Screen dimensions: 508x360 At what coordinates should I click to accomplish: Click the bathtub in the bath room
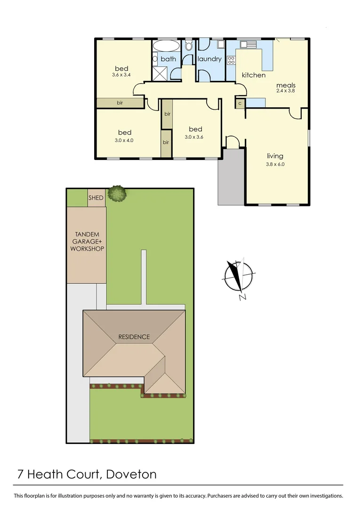[166, 47]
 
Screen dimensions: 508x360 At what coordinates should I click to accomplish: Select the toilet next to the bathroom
[188, 46]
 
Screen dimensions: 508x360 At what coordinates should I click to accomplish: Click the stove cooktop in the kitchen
[231, 60]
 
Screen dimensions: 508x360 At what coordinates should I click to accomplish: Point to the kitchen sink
[248, 45]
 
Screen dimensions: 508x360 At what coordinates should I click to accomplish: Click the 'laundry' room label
[209, 59]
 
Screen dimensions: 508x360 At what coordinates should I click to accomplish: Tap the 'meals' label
[286, 85]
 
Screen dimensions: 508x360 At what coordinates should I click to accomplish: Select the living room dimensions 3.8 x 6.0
[275, 165]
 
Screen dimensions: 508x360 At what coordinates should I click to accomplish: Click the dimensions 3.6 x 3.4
[121, 75]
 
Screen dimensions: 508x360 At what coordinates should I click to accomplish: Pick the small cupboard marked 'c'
[240, 103]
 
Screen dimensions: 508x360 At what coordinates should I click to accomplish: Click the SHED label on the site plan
[96, 198]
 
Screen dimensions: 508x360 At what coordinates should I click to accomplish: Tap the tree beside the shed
[117, 193]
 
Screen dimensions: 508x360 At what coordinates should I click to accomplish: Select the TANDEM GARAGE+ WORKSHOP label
[87, 241]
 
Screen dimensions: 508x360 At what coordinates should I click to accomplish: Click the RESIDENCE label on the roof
[134, 337]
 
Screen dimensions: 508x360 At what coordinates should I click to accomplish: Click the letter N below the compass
[242, 297]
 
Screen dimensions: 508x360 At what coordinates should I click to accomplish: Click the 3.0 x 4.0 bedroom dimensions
[124, 140]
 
